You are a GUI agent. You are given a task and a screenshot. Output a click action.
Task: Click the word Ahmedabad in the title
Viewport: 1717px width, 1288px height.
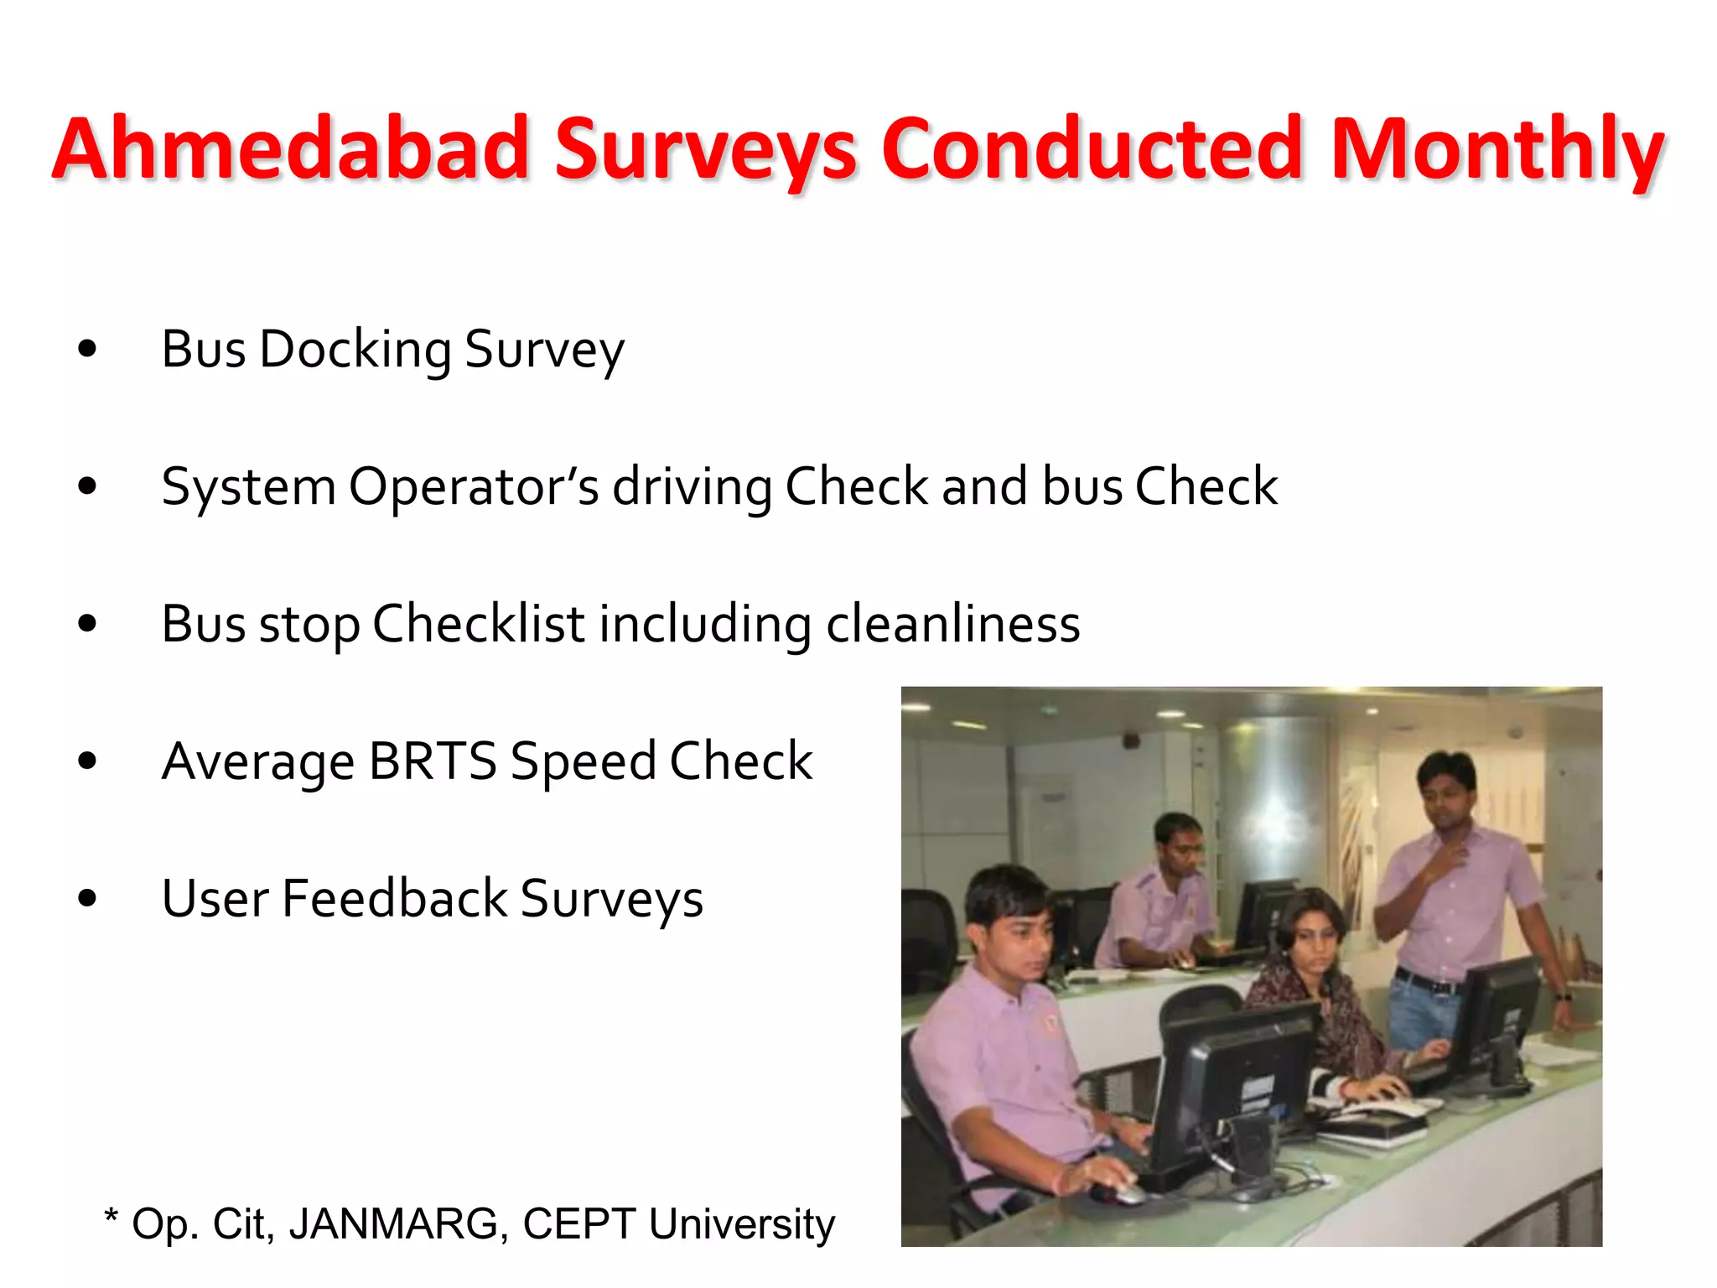tap(290, 149)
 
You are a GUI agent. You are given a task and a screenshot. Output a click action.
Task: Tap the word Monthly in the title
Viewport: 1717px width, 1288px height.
tap(1497, 149)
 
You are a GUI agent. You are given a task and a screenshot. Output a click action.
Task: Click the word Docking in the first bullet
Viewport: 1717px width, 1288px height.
tap(355, 350)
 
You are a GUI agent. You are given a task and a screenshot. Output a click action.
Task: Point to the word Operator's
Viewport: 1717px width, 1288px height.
tap(474, 487)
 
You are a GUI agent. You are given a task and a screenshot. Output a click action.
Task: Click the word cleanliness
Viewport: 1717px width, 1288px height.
tap(952, 625)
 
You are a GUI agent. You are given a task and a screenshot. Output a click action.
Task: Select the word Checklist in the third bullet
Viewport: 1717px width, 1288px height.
tap(478, 625)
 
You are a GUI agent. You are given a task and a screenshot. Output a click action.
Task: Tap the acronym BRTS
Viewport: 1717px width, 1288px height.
tap(433, 761)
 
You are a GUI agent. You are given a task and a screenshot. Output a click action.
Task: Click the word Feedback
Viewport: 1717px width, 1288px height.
tap(394, 899)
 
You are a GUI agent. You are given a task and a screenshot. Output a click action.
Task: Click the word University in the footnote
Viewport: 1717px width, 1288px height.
tap(742, 1224)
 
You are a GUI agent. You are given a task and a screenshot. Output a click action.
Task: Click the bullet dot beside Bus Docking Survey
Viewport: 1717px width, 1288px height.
tap(87, 349)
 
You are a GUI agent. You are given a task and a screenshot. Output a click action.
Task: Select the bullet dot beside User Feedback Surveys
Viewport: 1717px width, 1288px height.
tap(87, 899)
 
